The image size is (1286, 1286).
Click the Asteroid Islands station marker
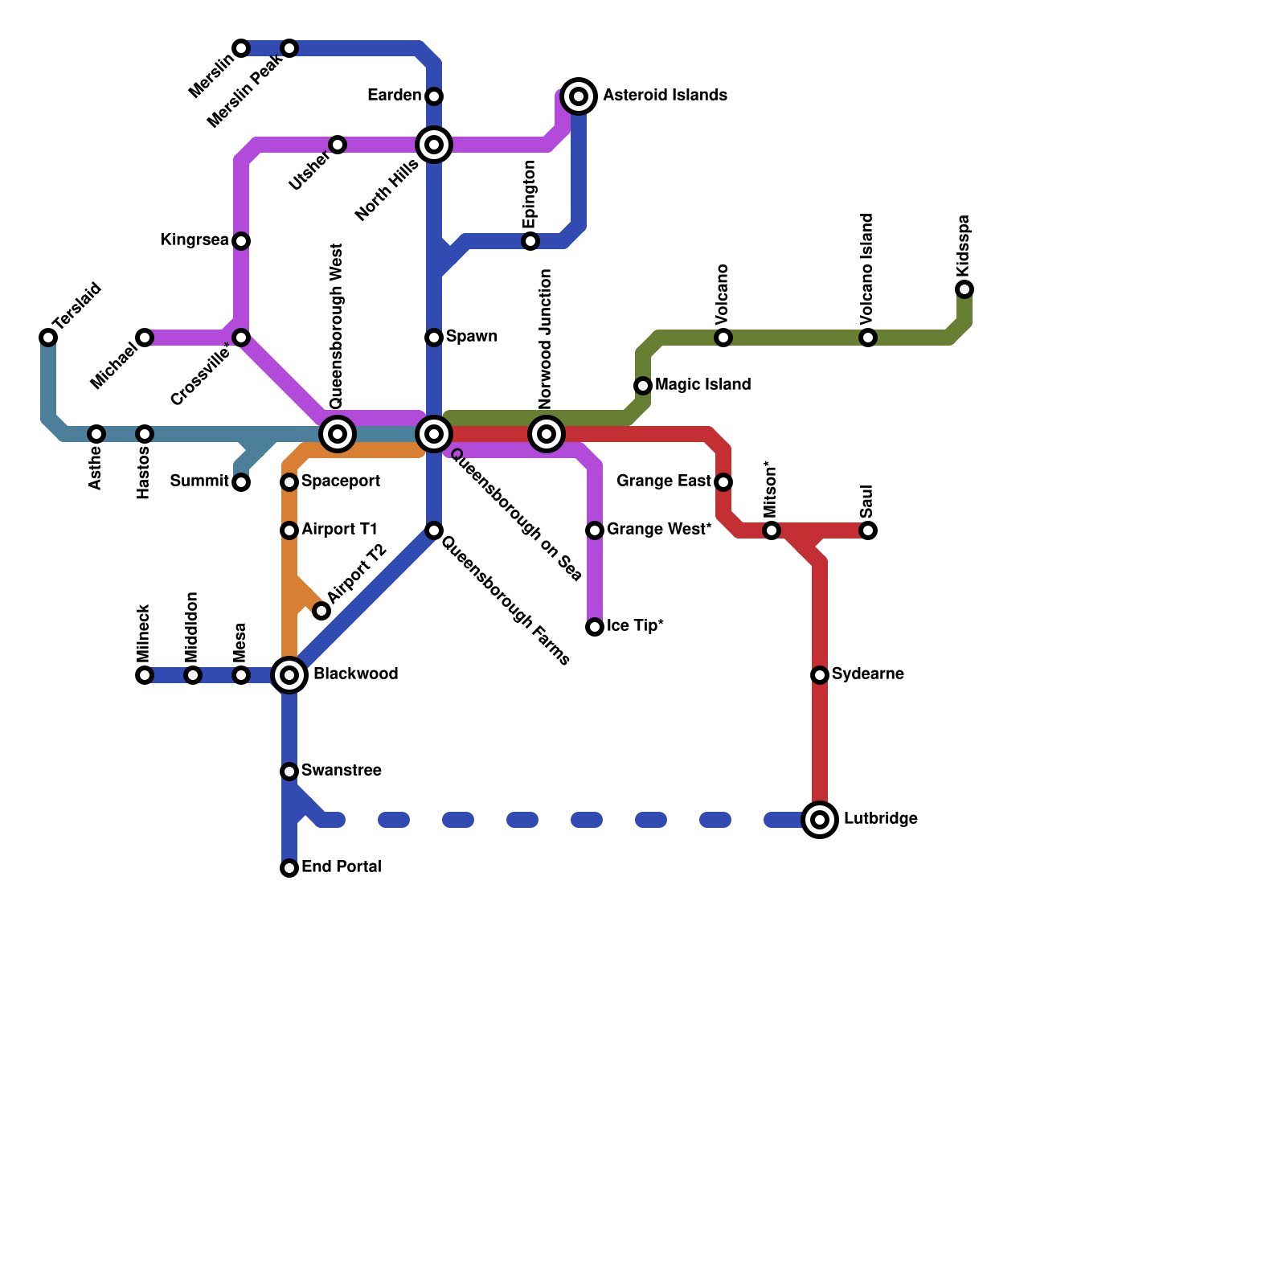(x=579, y=96)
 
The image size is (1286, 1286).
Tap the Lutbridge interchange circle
(x=820, y=820)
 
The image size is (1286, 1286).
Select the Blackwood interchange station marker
(x=289, y=675)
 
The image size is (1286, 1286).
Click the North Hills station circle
(x=434, y=145)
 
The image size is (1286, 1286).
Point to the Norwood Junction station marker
(x=547, y=434)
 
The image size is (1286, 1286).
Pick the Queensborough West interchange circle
(x=338, y=434)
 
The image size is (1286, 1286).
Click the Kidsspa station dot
(x=964, y=289)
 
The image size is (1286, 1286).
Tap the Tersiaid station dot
(x=48, y=338)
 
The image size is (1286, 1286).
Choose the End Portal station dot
(x=289, y=868)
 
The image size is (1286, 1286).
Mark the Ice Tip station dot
(x=595, y=627)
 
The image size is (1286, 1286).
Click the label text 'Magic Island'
(x=702, y=385)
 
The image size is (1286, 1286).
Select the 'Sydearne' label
(x=867, y=674)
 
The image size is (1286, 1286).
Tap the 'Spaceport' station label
(x=341, y=481)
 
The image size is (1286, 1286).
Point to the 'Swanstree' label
(x=341, y=771)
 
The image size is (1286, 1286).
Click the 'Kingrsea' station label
(x=194, y=240)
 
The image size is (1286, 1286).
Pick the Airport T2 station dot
(x=321, y=611)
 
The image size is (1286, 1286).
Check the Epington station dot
(x=530, y=241)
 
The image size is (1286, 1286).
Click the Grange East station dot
(x=723, y=482)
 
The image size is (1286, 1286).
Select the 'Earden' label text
(x=394, y=96)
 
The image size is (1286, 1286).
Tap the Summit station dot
(x=241, y=482)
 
